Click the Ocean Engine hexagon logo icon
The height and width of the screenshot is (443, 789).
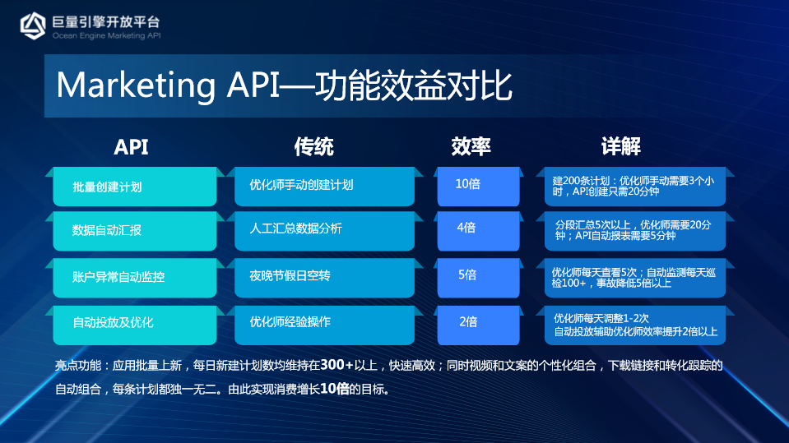tap(33, 25)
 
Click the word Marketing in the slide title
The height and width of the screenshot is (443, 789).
tap(136, 85)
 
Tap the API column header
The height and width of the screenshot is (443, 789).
tap(131, 147)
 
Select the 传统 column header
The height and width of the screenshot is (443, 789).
tap(314, 147)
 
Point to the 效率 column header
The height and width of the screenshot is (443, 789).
tap(471, 146)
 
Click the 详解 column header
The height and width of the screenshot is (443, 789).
tap(621, 146)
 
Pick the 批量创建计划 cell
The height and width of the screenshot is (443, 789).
tap(135, 187)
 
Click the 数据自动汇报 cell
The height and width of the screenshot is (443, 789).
tap(135, 231)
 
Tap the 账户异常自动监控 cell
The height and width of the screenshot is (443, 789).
tap(135, 278)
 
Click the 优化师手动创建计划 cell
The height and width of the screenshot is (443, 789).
tap(324, 187)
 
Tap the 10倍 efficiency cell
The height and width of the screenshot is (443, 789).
tap(479, 187)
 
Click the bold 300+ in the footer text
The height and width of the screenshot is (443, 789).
tap(337, 365)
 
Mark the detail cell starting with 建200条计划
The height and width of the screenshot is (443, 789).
tap(635, 187)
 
